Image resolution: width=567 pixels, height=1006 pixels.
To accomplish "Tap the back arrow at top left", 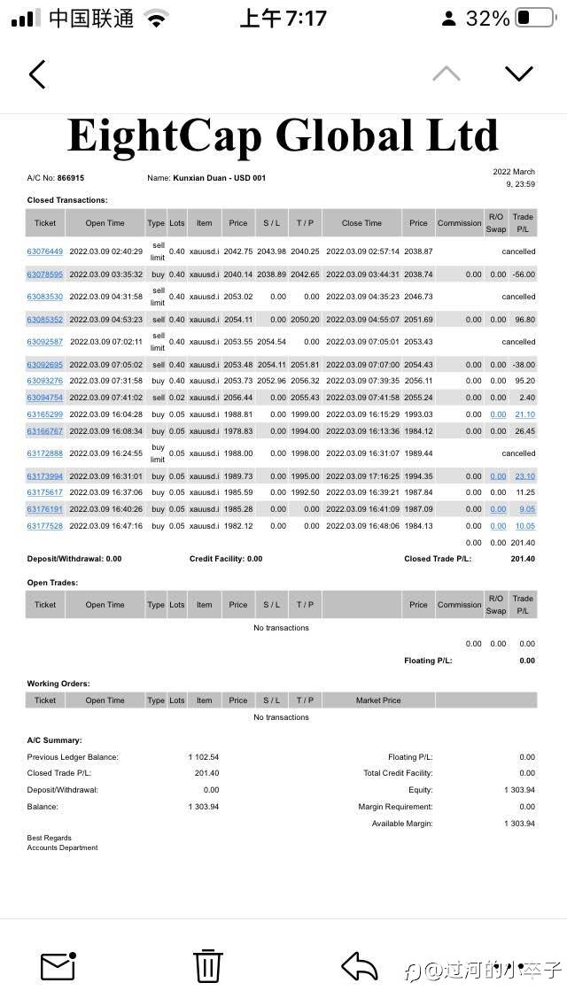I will [x=37, y=74].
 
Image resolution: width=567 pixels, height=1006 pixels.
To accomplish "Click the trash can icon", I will [x=207, y=964].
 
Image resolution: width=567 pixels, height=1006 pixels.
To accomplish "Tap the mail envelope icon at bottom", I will [x=58, y=964].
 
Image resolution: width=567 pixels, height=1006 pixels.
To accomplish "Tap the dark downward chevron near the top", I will [x=518, y=74].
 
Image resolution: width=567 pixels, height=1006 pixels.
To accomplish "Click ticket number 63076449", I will [x=45, y=251].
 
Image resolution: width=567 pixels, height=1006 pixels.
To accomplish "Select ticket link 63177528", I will [x=45, y=526].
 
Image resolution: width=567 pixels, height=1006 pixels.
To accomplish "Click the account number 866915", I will [x=70, y=178].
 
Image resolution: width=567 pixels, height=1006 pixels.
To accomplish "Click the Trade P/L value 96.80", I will [x=524, y=320].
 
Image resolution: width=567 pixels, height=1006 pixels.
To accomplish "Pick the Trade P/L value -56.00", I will [x=524, y=275].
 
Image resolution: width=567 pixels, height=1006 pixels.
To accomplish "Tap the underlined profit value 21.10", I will [x=524, y=414].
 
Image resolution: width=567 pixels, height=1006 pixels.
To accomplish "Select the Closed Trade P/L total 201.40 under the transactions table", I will [x=523, y=560].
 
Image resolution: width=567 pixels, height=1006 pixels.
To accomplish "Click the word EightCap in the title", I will [x=164, y=136].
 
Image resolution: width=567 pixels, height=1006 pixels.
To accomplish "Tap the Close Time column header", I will [x=361, y=223].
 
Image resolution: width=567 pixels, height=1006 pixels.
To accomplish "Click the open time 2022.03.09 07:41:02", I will [x=105, y=398].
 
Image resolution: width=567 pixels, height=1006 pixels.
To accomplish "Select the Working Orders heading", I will [x=58, y=684].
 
